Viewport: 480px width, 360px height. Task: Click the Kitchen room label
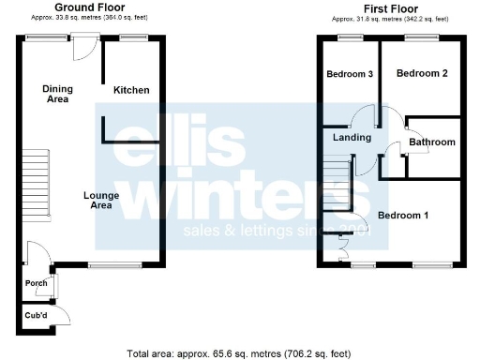coord(131,90)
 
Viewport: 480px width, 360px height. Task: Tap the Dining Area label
coord(57,93)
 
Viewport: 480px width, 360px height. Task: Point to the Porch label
coord(36,283)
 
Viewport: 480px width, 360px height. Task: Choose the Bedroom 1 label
coord(403,216)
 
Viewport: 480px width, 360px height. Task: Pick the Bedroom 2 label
coord(421,73)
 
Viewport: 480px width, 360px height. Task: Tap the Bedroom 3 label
coord(350,74)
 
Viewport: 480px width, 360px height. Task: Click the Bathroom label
coord(432,142)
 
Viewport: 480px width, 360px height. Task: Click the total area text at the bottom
coord(240,353)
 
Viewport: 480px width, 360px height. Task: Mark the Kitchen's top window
coord(132,37)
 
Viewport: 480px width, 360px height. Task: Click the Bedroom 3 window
coord(351,37)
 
